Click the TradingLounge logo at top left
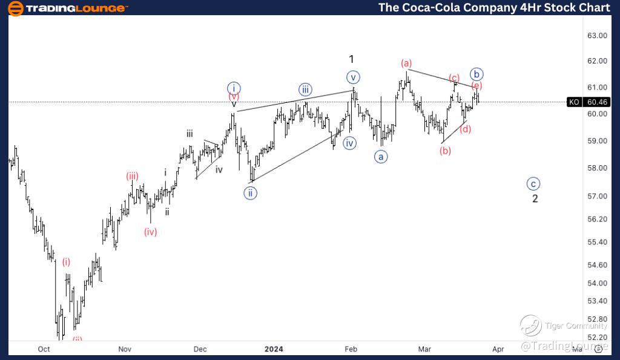(68, 8)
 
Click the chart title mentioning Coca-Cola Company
(494, 7)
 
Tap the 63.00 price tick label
(598, 36)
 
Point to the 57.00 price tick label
(598, 196)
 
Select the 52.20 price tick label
(598, 337)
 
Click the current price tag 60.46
(598, 102)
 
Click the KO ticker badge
(574, 102)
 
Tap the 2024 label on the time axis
(274, 349)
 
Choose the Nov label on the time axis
(125, 349)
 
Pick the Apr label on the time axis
(498, 349)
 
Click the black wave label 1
(351, 59)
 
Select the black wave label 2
(535, 198)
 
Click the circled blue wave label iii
(306, 90)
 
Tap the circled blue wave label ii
(249, 194)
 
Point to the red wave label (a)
(406, 63)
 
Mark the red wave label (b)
(446, 151)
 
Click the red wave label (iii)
(133, 177)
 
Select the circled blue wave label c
(533, 184)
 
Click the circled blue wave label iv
(349, 143)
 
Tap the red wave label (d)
(465, 129)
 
